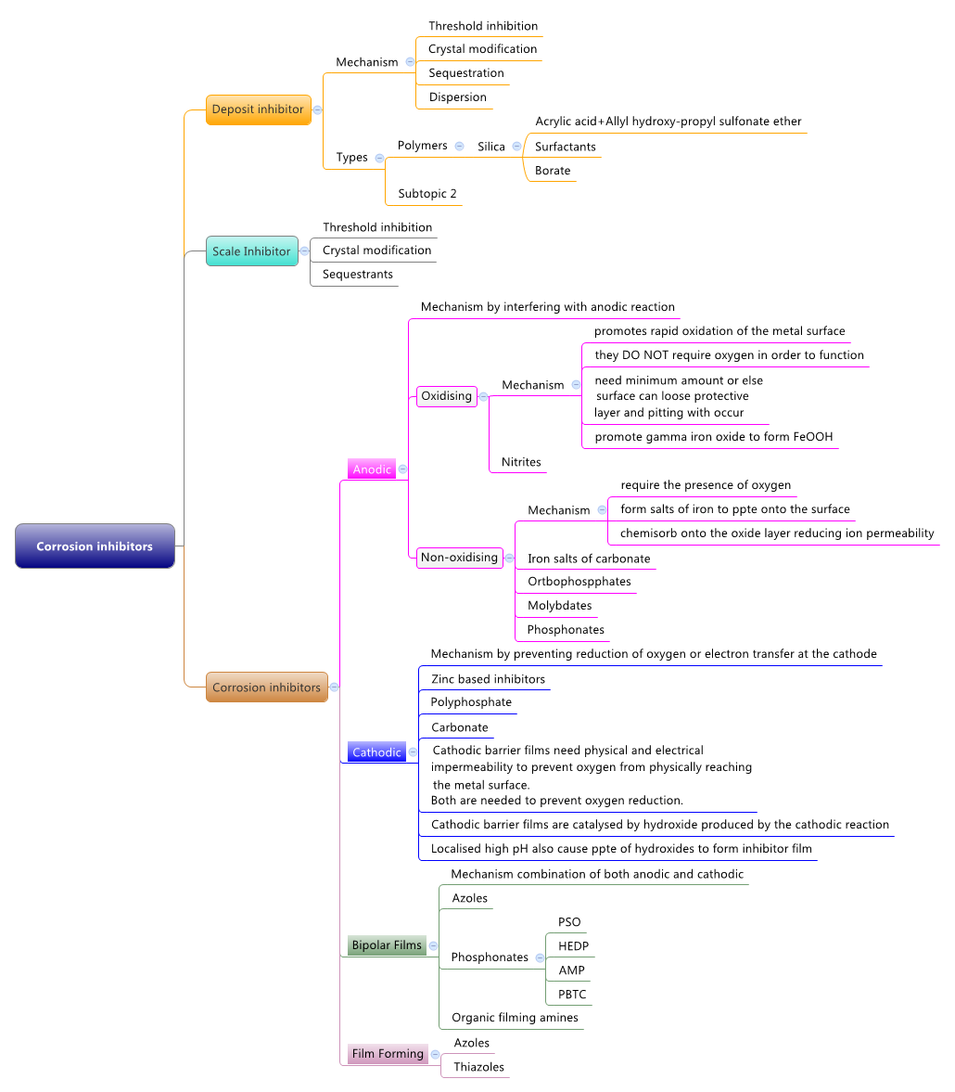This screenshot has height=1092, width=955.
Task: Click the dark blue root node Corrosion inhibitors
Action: (x=95, y=546)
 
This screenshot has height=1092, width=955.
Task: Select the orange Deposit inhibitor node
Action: (x=258, y=109)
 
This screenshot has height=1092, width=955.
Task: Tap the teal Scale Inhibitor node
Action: (x=251, y=251)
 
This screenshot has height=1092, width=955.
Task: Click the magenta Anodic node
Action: (x=372, y=469)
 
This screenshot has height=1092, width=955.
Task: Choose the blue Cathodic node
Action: (x=376, y=752)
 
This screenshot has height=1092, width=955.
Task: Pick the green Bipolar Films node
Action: (x=387, y=945)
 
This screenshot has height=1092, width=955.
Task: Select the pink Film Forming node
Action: (x=388, y=1054)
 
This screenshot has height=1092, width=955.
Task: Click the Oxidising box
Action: (x=447, y=396)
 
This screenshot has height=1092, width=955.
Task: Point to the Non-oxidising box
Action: (x=459, y=558)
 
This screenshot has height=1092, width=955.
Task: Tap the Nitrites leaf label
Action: (x=521, y=462)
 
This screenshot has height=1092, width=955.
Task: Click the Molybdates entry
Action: (x=559, y=606)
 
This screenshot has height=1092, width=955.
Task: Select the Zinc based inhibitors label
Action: (x=488, y=679)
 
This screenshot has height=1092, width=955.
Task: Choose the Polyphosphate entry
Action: (x=471, y=702)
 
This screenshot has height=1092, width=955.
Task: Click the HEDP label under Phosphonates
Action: (x=573, y=946)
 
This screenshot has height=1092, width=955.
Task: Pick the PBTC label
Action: (x=572, y=995)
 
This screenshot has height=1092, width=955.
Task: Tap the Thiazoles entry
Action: (x=478, y=1067)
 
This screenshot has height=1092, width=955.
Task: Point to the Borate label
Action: (x=553, y=171)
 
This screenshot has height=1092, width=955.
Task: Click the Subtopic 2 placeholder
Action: (x=427, y=194)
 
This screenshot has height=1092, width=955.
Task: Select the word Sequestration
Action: (x=466, y=73)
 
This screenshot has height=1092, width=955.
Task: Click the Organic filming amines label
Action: (x=515, y=1018)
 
